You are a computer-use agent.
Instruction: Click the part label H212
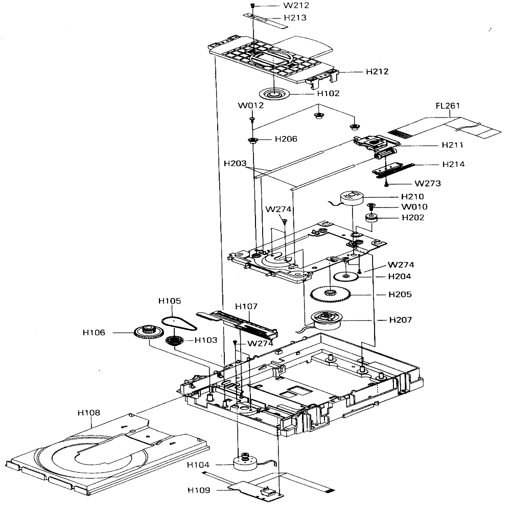377,72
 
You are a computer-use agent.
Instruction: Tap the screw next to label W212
252,6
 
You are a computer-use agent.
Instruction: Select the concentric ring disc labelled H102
274,94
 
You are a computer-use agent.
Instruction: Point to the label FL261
448,106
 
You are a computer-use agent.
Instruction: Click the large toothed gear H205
330,294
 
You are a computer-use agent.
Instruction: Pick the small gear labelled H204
346,276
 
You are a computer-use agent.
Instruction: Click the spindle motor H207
326,320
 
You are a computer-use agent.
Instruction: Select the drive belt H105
179,323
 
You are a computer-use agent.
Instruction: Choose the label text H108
88,412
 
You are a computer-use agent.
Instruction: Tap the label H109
199,490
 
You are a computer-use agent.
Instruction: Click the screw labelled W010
370,206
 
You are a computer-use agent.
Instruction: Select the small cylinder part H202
370,217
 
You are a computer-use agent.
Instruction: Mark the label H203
235,163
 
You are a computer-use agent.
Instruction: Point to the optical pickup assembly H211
377,146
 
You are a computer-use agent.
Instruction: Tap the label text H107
246,306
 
